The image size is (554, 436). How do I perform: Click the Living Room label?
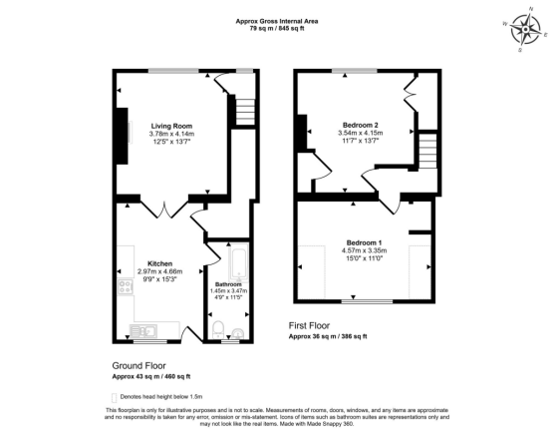[171, 126]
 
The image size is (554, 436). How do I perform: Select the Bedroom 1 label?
[365, 242]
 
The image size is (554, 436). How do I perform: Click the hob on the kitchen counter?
[126, 288]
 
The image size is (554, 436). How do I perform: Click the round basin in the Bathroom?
[238, 332]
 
